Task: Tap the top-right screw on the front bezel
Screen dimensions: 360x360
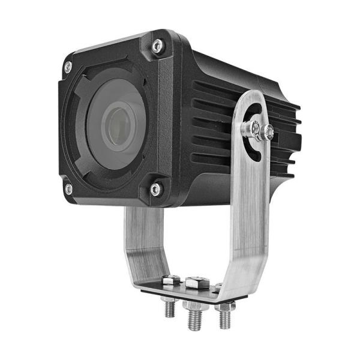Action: pos(157,45)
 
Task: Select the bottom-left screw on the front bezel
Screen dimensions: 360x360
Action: pos(69,189)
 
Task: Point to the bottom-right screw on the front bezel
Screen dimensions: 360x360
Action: pos(155,189)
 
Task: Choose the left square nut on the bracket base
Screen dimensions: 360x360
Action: pos(171,280)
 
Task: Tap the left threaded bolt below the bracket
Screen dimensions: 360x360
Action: pos(170,308)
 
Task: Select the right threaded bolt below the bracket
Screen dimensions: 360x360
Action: pos(225,318)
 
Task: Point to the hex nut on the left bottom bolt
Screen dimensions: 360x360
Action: pos(169,298)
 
